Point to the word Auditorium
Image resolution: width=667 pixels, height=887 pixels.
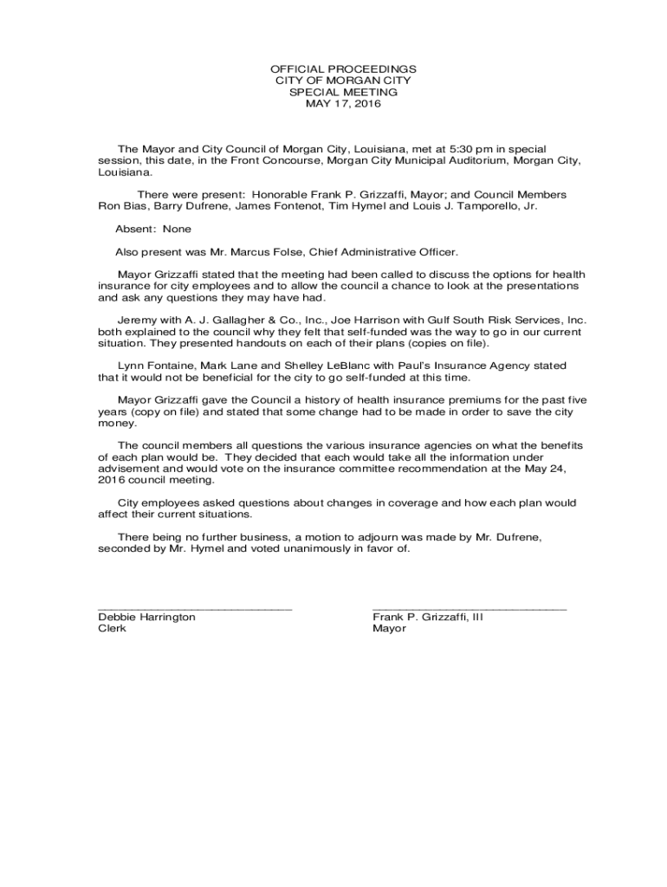pyautogui.click(x=474, y=160)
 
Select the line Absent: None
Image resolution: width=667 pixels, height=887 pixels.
pyautogui.click(x=153, y=229)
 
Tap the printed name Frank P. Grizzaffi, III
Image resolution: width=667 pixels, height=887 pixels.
pyautogui.click(x=427, y=617)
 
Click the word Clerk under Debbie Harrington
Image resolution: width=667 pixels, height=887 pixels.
pyautogui.click(x=112, y=628)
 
